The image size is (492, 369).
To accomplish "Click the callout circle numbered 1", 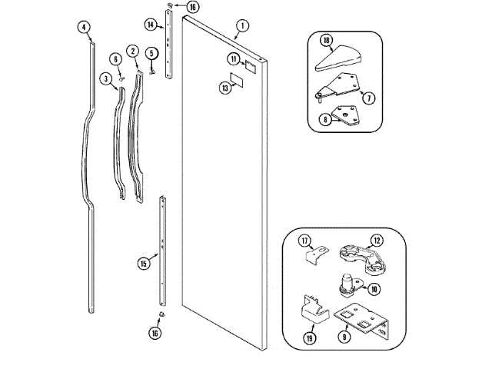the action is tap(241, 26).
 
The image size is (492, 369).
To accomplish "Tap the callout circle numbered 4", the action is tap(83, 27).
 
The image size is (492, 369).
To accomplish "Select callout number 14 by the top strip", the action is tap(151, 25).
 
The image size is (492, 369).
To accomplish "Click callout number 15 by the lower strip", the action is tap(143, 264).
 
